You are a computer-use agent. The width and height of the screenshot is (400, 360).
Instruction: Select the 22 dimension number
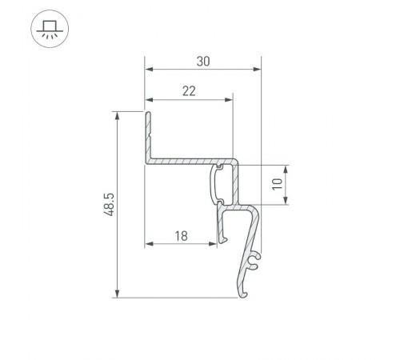(x=189, y=90)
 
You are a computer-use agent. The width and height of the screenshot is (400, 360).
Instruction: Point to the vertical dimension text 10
(x=276, y=184)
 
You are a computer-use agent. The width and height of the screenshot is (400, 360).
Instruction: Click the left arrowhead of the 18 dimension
(x=149, y=244)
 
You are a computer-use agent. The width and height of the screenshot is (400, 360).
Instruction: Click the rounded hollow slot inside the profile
(x=218, y=184)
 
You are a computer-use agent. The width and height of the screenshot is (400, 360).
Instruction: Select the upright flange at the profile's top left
(x=148, y=132)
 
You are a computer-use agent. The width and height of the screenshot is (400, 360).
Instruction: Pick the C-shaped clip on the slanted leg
(x=254, y=261)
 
